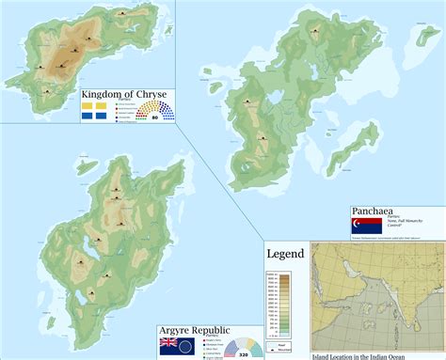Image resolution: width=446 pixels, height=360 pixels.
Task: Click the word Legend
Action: (x=285, y=254)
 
